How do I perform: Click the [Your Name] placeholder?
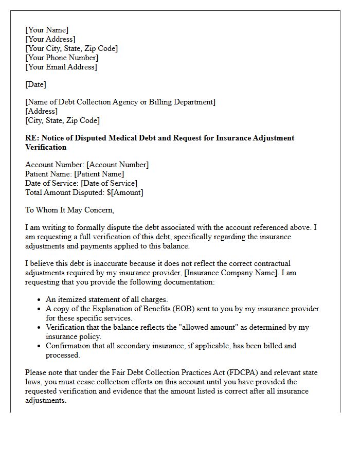point(47,30)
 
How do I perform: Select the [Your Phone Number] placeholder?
point(62,58)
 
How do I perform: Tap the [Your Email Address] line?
point(61,67)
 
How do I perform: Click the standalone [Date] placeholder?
point(35,84)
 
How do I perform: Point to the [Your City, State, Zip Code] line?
point(71,48)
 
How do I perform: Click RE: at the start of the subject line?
point(32,138)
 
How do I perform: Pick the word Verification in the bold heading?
point(46,147)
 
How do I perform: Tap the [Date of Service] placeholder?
point(109,183)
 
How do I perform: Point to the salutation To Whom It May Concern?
point(70,210)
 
